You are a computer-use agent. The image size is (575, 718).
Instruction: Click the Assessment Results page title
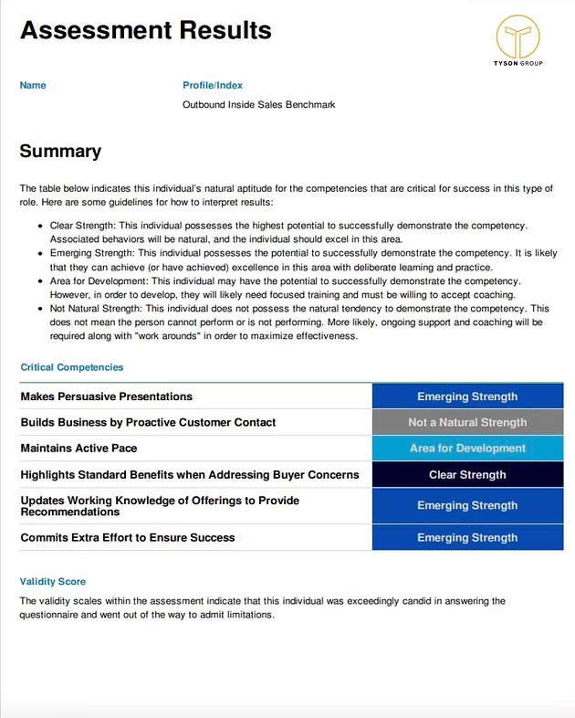(146, 30)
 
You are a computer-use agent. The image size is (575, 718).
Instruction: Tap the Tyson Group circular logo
(517, 37)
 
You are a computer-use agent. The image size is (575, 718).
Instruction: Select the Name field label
(33, 85)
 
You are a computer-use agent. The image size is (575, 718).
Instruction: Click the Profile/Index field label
(213, 85)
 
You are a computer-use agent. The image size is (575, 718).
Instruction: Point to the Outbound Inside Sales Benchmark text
(259, 105)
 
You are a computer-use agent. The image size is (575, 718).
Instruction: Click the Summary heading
(60, 152)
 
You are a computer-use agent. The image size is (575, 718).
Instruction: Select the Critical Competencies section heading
(71, 367)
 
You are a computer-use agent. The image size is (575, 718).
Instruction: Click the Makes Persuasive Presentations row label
(106, 396)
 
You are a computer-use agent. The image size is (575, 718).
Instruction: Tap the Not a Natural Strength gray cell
(467, 422)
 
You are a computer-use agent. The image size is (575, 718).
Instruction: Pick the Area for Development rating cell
(467, 449)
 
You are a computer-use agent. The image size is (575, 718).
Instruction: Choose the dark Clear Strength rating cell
(467, 475)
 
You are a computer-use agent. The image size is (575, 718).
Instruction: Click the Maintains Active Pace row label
(78, 449)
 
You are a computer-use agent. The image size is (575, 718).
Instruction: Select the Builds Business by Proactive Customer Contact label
(148, 422)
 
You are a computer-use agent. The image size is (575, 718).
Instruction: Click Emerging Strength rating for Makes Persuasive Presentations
(467, 396)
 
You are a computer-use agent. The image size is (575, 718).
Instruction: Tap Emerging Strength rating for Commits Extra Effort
(467, 537)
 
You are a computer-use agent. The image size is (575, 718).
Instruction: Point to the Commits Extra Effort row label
(127, 537)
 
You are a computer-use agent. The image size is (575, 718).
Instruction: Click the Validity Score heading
(53, 581)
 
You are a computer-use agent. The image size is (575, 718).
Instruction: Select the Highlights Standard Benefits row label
(189, 475)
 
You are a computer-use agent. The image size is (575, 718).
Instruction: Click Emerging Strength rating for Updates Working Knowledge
(467, 505)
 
